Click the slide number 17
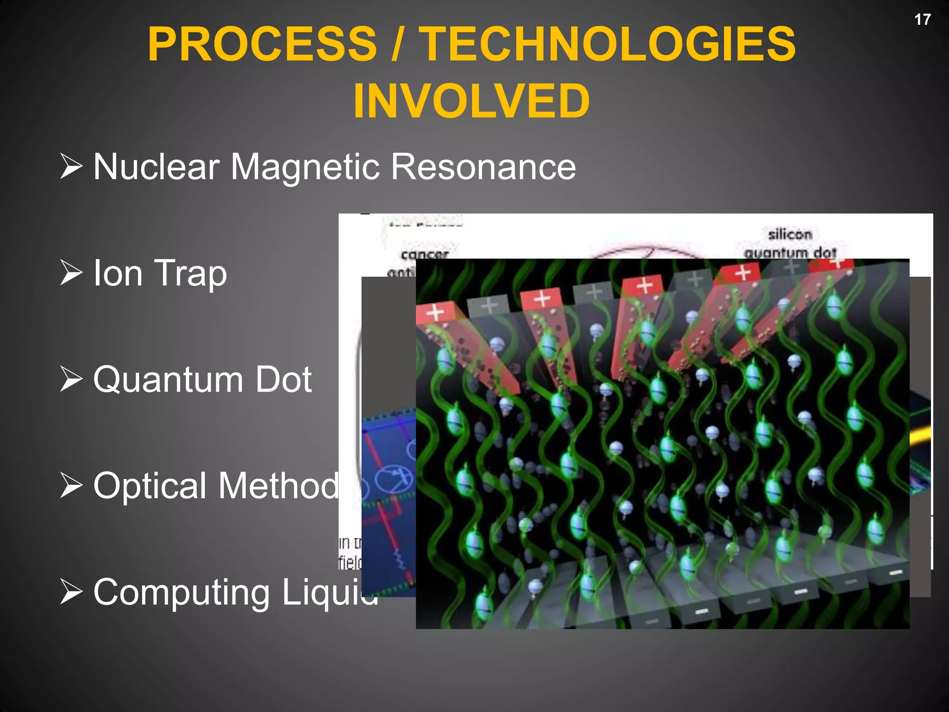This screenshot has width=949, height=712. [x=922, y=19]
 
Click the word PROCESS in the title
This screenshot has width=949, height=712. [x=262, y=44]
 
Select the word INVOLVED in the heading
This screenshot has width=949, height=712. [x=471, y=101]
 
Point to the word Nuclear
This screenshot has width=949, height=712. [x=157, y=167]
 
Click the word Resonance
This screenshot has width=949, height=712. [x=483, y=167]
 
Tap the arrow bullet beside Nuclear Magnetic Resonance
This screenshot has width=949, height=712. [x=71, y=167]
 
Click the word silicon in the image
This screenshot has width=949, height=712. [x=790, y=235]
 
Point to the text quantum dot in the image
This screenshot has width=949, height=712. [x=790, y=253]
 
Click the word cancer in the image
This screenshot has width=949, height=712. [x=424, y=254]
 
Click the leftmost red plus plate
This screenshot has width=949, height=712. [x=435, y=313]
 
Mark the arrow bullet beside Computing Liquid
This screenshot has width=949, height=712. [x=71, y=592]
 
